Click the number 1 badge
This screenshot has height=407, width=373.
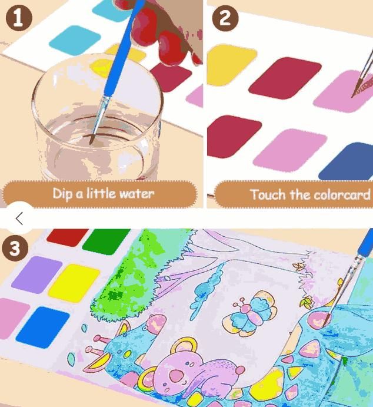[x=18, y=18]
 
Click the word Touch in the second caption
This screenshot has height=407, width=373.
[x=268, y=194]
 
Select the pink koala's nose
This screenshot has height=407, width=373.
[x=175, y=375]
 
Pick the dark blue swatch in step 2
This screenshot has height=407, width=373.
[x=349, y=162]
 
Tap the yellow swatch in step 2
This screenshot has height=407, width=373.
[x=229, y=65]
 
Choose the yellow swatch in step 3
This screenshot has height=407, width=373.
[x=74, y=282]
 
